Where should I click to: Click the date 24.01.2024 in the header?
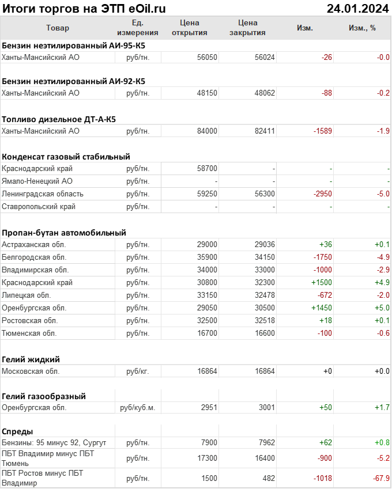click(357, 8)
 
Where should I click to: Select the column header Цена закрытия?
click(247, 28)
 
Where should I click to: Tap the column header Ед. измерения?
click(137, 28)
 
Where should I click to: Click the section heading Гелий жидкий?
click(31, 359)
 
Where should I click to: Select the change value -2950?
click(322, 194)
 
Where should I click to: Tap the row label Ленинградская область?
click(43, 194)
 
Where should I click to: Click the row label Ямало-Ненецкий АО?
click(37, 181)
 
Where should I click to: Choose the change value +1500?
click(322, 283)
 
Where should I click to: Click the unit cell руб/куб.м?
click(137, 408)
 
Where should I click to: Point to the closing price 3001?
click(265, 408)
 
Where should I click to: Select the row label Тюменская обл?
click(29, 333)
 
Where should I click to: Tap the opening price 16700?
click(207, 333)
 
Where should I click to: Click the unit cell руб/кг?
click(137, 372)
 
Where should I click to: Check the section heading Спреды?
click(17, 431)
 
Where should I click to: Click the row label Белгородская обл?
click(34, 257)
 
